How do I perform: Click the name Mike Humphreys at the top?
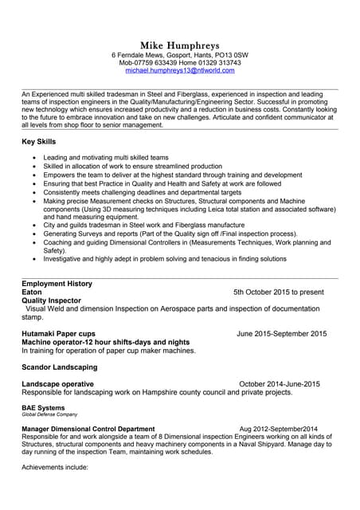(179, 45)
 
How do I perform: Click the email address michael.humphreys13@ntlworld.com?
(180, 71)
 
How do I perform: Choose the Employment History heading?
(57, 284)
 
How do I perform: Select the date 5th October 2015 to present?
(278, 292)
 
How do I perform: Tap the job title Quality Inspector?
(52, 300)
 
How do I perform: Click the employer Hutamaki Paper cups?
(59, 334)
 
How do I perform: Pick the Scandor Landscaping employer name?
(60, 367)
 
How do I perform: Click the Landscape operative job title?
(57, 384)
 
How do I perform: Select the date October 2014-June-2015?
(279, 384)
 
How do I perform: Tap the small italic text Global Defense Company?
(49, 415)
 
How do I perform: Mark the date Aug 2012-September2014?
(278, 429)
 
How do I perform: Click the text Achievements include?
(55, 467)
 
